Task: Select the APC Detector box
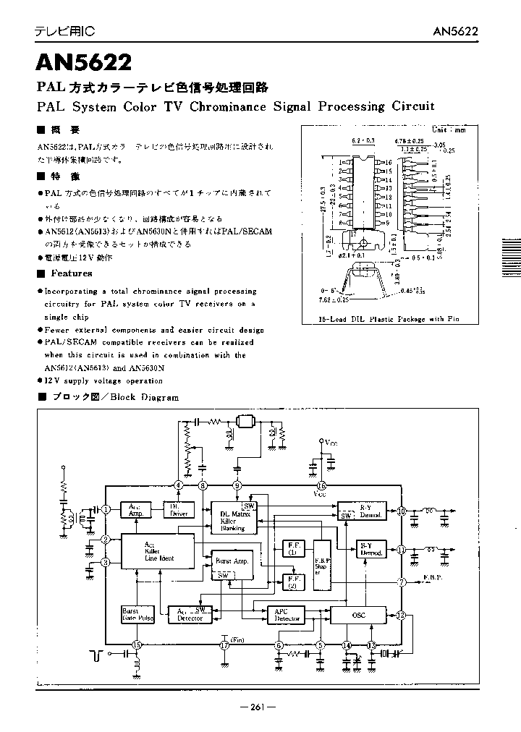(x=287, y=615)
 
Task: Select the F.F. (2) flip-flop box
(x=292, y=580)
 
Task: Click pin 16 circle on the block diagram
(x=321, y=485)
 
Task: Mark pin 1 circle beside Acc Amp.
(x=106, y=510)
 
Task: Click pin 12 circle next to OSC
(x=400, y=615)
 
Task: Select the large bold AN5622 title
(x=84, y=63)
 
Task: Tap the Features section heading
(x=71, y=273)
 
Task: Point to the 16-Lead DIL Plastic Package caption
(x=389, y=319)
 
